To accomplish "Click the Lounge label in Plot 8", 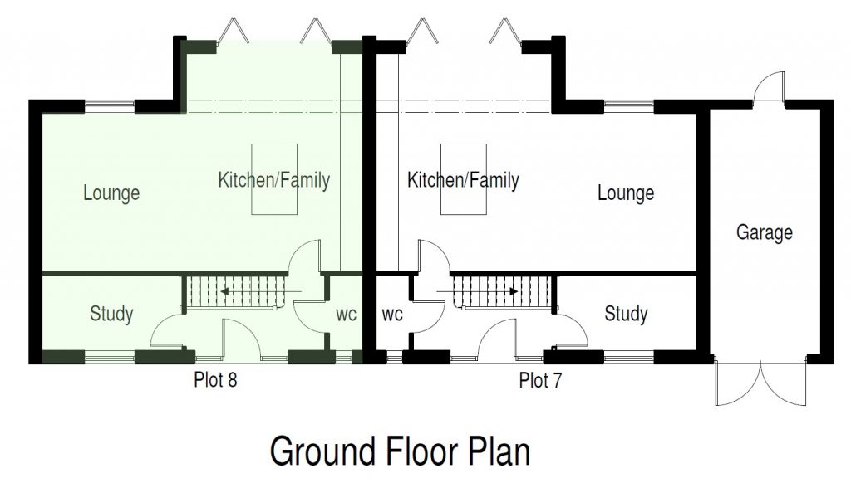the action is (111, 193).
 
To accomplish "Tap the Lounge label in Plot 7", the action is (626, 193).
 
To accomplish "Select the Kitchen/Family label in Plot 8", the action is (274, 180).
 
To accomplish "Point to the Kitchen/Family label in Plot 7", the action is (463, 180).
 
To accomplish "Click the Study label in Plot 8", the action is (111, 314).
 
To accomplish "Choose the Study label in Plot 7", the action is (626, 314).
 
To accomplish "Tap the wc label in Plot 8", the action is (347, 315).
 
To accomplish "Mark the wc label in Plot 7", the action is (392, 315).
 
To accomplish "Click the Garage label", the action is (765, 233).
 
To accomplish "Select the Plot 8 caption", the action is (215, 379).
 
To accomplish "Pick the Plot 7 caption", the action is (540, 380).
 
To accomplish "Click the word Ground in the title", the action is (323, 451).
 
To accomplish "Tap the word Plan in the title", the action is (499, 450).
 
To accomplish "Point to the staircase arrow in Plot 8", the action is (260, 291).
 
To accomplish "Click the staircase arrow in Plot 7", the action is (478, 291).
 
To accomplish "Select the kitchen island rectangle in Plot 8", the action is (274, 179).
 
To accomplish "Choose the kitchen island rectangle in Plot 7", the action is (463, 179).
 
